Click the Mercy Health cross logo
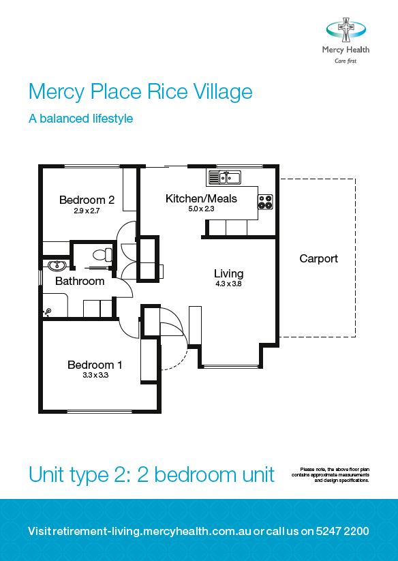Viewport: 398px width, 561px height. click(346, 31)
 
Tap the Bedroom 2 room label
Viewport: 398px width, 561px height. click(87, 200)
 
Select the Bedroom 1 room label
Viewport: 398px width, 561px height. click(95, 365)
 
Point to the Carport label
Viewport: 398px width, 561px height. click(318, 259)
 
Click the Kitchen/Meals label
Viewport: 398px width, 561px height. click(201, 198)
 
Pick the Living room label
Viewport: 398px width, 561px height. click(228, 273)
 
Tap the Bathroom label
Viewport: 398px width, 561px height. click(80, 281)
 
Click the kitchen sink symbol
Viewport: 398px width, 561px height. click(224, 178)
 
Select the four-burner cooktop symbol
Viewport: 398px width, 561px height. click(265, 202)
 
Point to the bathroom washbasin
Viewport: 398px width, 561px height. click(56, 264)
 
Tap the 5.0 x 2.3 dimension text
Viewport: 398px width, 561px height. click(201, 209)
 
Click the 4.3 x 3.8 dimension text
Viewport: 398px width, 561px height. click(228, 284)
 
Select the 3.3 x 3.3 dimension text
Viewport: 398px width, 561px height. click(95, 376)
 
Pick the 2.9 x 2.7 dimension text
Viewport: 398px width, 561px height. click(87, 211)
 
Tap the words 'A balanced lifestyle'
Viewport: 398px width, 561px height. click(80, 119)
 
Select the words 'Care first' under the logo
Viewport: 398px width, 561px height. click(346, 61)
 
